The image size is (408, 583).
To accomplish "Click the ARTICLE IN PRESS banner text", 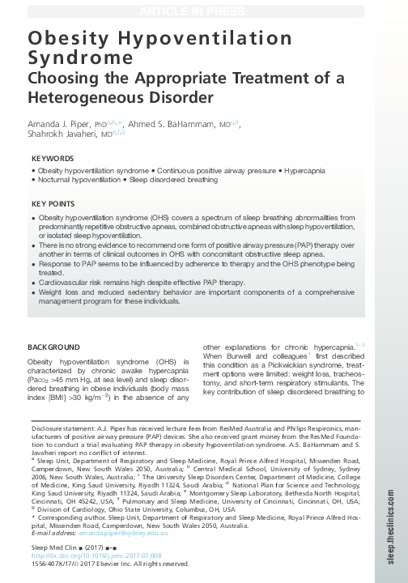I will [x=203, y=11].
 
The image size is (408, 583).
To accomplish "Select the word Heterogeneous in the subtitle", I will [x=87, y=98].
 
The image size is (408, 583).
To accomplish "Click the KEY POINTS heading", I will [x=53, y=203].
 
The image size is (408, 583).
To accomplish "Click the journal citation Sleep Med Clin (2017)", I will [x=61, y=548].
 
